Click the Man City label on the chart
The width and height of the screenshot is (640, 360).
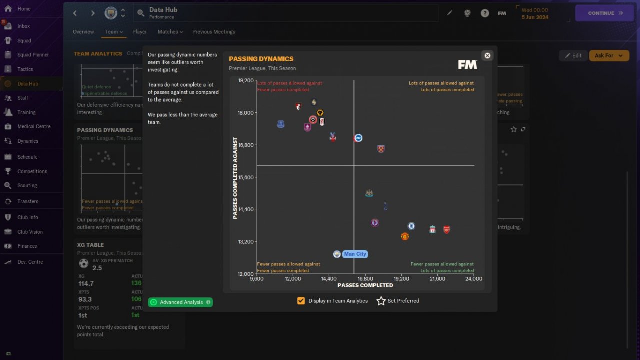pyautogui.click(x=355, y=254)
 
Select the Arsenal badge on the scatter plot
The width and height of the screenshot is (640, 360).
pyautogui.click(x=446, y=229)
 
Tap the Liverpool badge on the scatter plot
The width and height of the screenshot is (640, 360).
pyautogui.click(x=432, y=229)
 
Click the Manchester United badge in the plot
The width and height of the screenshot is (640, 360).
pyautogui.click(x=405, y=236)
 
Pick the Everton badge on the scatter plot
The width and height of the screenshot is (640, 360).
pyautogui.click(x=281, y=124)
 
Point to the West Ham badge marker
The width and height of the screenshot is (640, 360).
pyautogui.click(x=381, y=149)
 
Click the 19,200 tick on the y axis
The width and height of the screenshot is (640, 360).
pyautogui.click(x=246, y=80)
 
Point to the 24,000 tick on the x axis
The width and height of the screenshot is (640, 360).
pyautogui.click(x=473, y=279)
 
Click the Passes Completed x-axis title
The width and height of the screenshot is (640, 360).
pyautogui.click(x=365, y=285)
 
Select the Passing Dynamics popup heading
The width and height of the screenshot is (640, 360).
pyautogui.click(x=261, y=59)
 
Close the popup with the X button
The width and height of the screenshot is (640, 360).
pyautogui.click(x=487, y=55)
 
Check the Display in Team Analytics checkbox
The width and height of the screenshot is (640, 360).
pyautogui.click(x=301, y=301)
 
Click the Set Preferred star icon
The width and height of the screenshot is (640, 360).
pyautogui.click(x=381, y=301)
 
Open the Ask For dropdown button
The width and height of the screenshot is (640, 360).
pyautogui.click(x=609, y=55)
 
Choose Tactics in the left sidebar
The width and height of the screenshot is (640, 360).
pyautogui.click(x=25, y=69)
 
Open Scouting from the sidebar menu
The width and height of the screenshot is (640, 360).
pyautogui.click(x=27, y=185)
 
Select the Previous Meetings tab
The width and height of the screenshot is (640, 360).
pyautogui.click(x=213, y=32)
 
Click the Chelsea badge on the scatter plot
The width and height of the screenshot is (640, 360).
pyautogui.click(x=411, y=226)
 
